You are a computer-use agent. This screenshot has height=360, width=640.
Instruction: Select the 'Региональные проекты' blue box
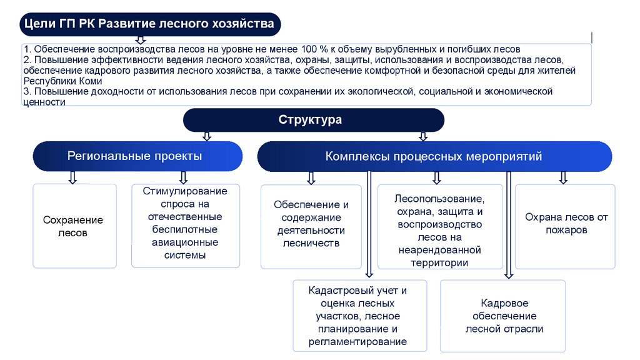pyautogui.click(x=137, y=156)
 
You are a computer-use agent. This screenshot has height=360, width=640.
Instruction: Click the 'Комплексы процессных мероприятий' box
pyautogui.click(x=434, y=156)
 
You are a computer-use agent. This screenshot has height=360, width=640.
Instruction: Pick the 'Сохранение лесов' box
pyautogui.click(x=74, y=226)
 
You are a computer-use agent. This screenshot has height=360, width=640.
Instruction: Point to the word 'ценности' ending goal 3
pyautogui.click(x=44, y=101)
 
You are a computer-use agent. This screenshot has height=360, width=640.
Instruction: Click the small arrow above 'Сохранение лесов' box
pyautogui.click(x=72, y=177)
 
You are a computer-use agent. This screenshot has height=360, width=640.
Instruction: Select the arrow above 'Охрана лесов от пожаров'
pyautogui.click(x=562, y=177)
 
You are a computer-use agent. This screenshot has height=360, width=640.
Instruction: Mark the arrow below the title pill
pyautogui.click(x=141, y=39)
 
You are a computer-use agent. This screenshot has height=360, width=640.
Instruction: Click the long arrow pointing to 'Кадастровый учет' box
pyautogui.click(x=369, y=225)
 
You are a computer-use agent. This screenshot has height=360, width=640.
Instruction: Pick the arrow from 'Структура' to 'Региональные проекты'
pyautogui.click(x=206, y=136)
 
